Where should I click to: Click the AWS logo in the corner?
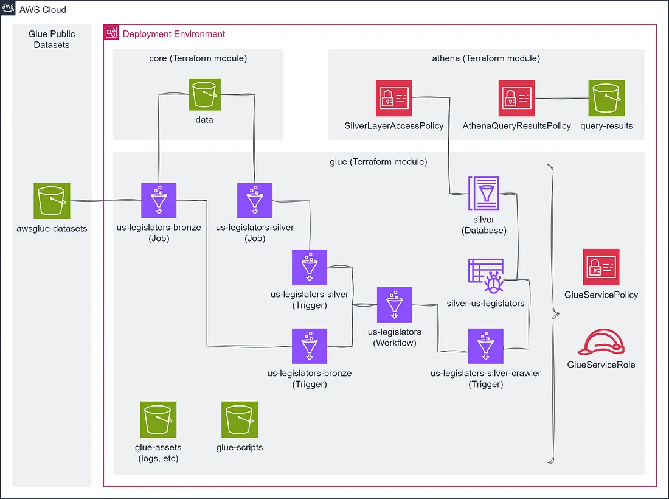tap(8, 8)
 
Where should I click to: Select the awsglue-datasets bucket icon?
tap(52, 201)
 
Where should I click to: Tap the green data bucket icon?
tap(204, 94)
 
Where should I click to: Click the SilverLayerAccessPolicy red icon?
tap(394, 98)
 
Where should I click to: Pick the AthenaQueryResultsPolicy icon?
tap(517, 98)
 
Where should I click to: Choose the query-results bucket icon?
tap(606, 98)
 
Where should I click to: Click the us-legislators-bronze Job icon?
tap(159, 200)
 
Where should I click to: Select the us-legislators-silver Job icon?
tap(255, 200)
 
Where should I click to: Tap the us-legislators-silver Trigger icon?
tap(310, 267)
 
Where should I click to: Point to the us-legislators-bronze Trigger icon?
tap(310, 346)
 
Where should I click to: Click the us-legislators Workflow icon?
tap(395, 304)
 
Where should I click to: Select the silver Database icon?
tap(484, 194)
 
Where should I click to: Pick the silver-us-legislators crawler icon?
tap(486, 276)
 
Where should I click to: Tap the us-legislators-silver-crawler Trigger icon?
tap(485, 346)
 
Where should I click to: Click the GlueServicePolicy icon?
tap(601, 267)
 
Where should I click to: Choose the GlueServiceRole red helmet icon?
tap(601, 342)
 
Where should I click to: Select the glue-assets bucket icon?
tap(158, 420)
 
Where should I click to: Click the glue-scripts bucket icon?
tap(240, 420)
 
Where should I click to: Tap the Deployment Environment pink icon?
tap(111, 32)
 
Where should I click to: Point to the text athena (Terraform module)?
tap(486, 58)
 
